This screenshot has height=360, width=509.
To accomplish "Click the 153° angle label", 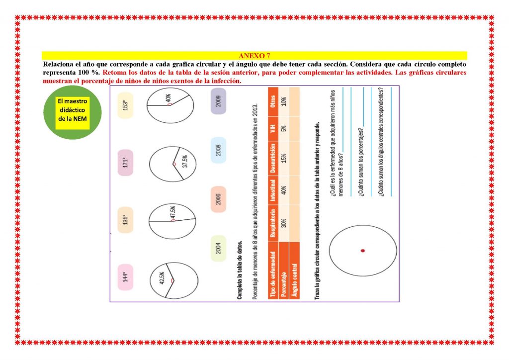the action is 125,105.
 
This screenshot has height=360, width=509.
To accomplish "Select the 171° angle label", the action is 125,163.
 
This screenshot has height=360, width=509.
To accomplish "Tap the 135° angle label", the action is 125,220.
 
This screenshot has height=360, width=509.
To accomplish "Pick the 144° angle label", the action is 125,277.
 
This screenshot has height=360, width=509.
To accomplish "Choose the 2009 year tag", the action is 219,101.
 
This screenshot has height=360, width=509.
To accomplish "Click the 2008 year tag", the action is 219,150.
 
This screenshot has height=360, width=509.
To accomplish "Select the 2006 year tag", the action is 219,199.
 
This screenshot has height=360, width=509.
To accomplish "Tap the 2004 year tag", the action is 219,248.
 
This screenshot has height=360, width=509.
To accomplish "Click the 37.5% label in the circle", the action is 185,161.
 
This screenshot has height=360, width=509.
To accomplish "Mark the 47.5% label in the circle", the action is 173,212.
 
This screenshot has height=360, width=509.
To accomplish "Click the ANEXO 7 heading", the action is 254,56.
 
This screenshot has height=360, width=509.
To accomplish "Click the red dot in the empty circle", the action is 362,251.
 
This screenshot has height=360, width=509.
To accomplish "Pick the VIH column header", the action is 273,129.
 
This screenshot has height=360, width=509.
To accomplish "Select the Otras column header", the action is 273,101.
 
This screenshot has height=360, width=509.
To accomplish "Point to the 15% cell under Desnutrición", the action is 284,159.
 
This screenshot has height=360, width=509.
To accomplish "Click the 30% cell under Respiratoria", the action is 284,223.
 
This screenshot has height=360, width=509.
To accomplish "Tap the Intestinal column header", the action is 273,190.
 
